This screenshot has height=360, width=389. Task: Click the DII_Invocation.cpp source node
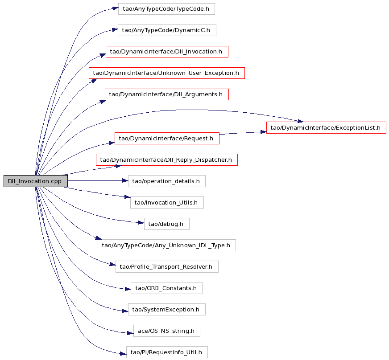tap(36, 181)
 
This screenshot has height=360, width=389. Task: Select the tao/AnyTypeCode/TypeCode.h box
tap(166, 9)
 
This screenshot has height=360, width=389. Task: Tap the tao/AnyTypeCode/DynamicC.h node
tap(167, 30)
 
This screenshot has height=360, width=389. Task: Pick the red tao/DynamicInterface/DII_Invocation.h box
tap(167, 52)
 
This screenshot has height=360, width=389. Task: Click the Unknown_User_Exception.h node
tap(167, 73)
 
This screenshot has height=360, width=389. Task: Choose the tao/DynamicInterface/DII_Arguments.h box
tap(167, 94)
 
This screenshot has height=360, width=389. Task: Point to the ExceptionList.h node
tap(326, 127)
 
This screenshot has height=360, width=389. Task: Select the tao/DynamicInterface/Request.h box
tap(167, 138)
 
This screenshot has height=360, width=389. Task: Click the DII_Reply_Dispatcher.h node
tap(167, 160)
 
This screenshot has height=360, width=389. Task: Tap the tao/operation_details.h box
tap(167, 181)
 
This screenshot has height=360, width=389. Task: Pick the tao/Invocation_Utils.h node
tap(167, 202)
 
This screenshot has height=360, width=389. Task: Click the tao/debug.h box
tap(167, 224)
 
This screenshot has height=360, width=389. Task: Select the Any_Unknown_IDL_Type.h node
tap(167, 245)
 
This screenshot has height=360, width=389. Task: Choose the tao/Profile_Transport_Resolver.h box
tap(167, 266)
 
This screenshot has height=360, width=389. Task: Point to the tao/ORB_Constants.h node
tap(166, 288)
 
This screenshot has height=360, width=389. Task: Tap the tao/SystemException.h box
tap(167, 310)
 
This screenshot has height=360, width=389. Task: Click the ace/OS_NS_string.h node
tap(167, 331)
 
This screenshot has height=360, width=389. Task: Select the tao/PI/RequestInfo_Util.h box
tap(167, 352)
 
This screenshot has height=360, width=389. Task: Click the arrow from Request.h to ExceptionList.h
tap(243, 133)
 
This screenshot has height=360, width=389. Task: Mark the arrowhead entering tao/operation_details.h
tap(125, 181)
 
